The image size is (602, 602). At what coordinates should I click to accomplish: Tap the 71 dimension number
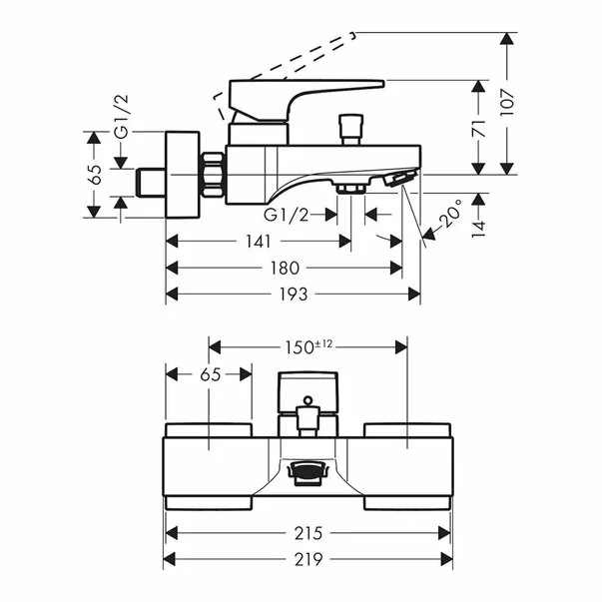[479, 128]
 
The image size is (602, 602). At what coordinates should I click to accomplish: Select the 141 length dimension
[258, 242]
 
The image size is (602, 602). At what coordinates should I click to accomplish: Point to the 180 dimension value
[285, 268]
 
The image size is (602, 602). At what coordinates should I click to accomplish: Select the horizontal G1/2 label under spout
[287, 215]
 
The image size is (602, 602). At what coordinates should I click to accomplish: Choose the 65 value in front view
[209, 374]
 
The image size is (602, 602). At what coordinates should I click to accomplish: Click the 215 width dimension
[308, 532]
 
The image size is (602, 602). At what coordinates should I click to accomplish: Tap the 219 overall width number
[308, 559]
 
